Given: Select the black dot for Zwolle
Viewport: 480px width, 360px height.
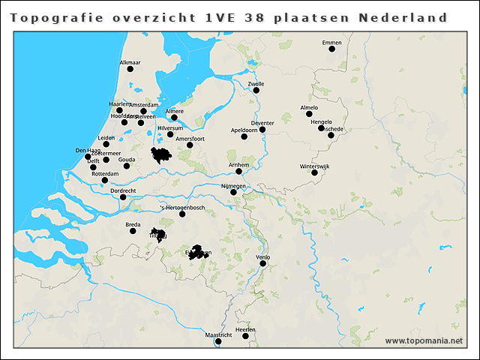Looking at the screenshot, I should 256,91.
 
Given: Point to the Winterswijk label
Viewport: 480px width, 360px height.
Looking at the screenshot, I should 319,165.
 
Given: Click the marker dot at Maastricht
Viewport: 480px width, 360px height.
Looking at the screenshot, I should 218,342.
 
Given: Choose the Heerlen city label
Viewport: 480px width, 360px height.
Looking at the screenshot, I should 245,329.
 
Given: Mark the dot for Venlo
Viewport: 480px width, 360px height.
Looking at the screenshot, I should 263,263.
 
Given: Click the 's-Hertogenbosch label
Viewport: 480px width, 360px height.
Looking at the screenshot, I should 182,207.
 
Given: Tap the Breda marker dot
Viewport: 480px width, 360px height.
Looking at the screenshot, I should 133,231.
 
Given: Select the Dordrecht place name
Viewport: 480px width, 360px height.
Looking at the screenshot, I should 123,190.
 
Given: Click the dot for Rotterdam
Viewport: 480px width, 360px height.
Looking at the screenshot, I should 105,180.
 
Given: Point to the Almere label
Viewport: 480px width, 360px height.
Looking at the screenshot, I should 174,111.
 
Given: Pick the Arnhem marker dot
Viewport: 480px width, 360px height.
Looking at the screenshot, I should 238,171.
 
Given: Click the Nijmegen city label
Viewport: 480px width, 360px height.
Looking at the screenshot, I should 233,185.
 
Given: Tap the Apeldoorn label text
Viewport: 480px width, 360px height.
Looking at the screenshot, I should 244,130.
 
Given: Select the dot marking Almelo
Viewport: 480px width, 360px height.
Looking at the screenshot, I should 308,114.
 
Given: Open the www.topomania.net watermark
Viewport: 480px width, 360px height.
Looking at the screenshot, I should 424,341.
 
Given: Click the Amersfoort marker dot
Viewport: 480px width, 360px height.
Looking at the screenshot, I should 190,145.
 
